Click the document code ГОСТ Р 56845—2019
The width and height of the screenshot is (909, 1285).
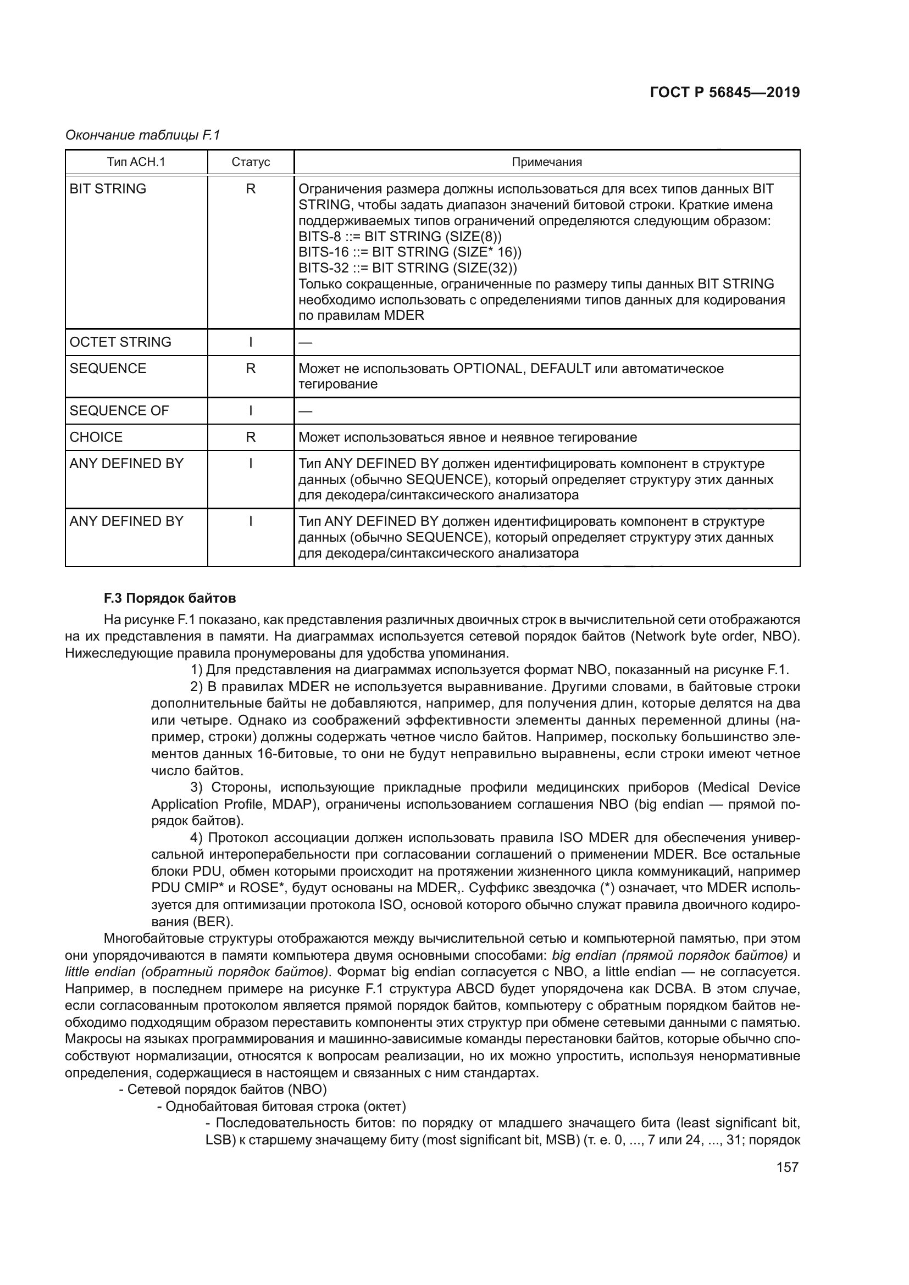[724, 92]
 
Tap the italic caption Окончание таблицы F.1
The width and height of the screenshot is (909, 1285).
[143, 135]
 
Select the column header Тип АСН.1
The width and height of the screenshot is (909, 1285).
[136, 162]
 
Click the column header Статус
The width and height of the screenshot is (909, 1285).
[250, 162]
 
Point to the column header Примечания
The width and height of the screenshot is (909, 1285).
[546, 162]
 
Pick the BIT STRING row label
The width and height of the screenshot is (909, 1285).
[108, 189]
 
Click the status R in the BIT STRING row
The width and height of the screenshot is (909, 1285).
[250, 189]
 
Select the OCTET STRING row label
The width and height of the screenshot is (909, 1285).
[120, 342]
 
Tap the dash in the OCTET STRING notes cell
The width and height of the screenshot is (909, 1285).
[305, 342]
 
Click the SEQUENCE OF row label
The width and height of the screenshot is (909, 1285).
[119, 411]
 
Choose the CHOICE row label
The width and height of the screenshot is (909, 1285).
[96, 437]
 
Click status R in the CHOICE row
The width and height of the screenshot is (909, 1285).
[250, 437]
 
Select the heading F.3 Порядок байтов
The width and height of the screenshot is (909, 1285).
[170, 598]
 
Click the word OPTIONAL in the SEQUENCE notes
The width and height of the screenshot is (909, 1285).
[487, 368]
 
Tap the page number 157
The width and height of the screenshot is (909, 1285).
[786, 1167]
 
